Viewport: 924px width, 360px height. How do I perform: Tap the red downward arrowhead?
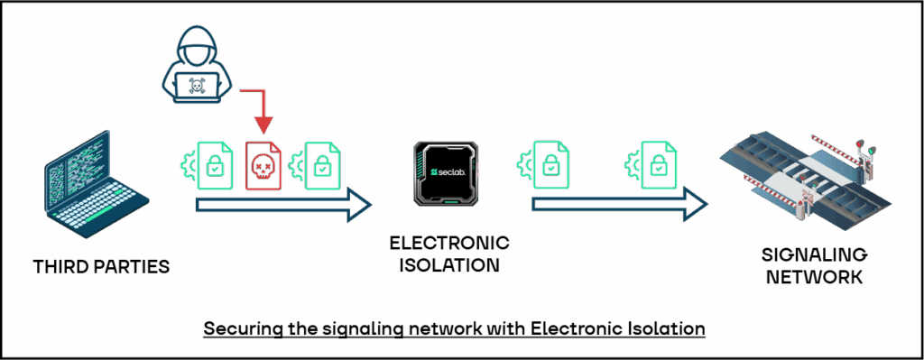(262, 122)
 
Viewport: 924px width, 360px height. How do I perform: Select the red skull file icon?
(263, 165)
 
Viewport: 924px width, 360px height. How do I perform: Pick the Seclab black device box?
(447, 174)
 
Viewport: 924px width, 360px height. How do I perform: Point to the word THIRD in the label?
(62, 268)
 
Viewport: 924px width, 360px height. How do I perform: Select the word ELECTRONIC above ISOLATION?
(449, 244)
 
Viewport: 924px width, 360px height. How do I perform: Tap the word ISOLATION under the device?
(449, 265)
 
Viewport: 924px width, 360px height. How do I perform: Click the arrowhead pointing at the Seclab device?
(361, 203)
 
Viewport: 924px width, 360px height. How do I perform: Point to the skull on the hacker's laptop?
(195, 86)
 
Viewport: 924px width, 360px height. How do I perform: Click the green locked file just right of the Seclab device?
(549, 165)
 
